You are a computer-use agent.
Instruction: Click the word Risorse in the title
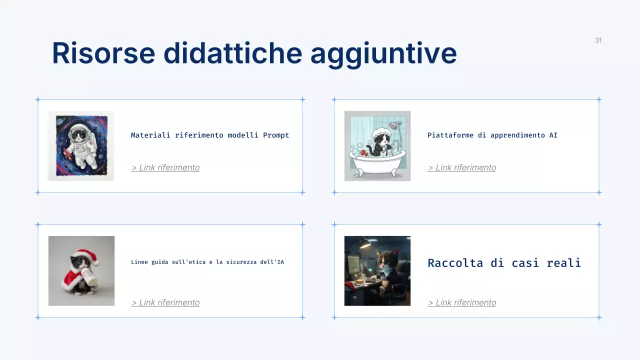[x=103, y=53]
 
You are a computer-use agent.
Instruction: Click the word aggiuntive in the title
[x=383, y=53]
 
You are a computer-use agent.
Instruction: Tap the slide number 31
[x=598, y=40]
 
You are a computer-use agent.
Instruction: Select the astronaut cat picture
[x=81, y=146]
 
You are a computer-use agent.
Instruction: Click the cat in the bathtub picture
[x=377, y=146]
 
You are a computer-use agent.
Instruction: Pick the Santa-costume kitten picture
[x=81, y=271]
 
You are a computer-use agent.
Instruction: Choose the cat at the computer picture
[x=377, y=271]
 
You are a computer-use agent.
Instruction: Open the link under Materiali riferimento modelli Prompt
[x=165, y=167]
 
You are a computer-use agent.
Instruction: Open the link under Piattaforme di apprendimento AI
[x=462, y=167]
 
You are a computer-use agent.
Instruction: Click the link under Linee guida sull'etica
[x=165, y=302]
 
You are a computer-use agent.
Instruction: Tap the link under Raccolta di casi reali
[x=462, y=302]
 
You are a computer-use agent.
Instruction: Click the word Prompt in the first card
[x=276, y=135]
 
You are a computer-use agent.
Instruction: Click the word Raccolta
[x=455, y=263]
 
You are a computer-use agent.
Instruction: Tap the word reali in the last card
[x=564, y=263]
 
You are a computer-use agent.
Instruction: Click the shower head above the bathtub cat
[x=396, y=124]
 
